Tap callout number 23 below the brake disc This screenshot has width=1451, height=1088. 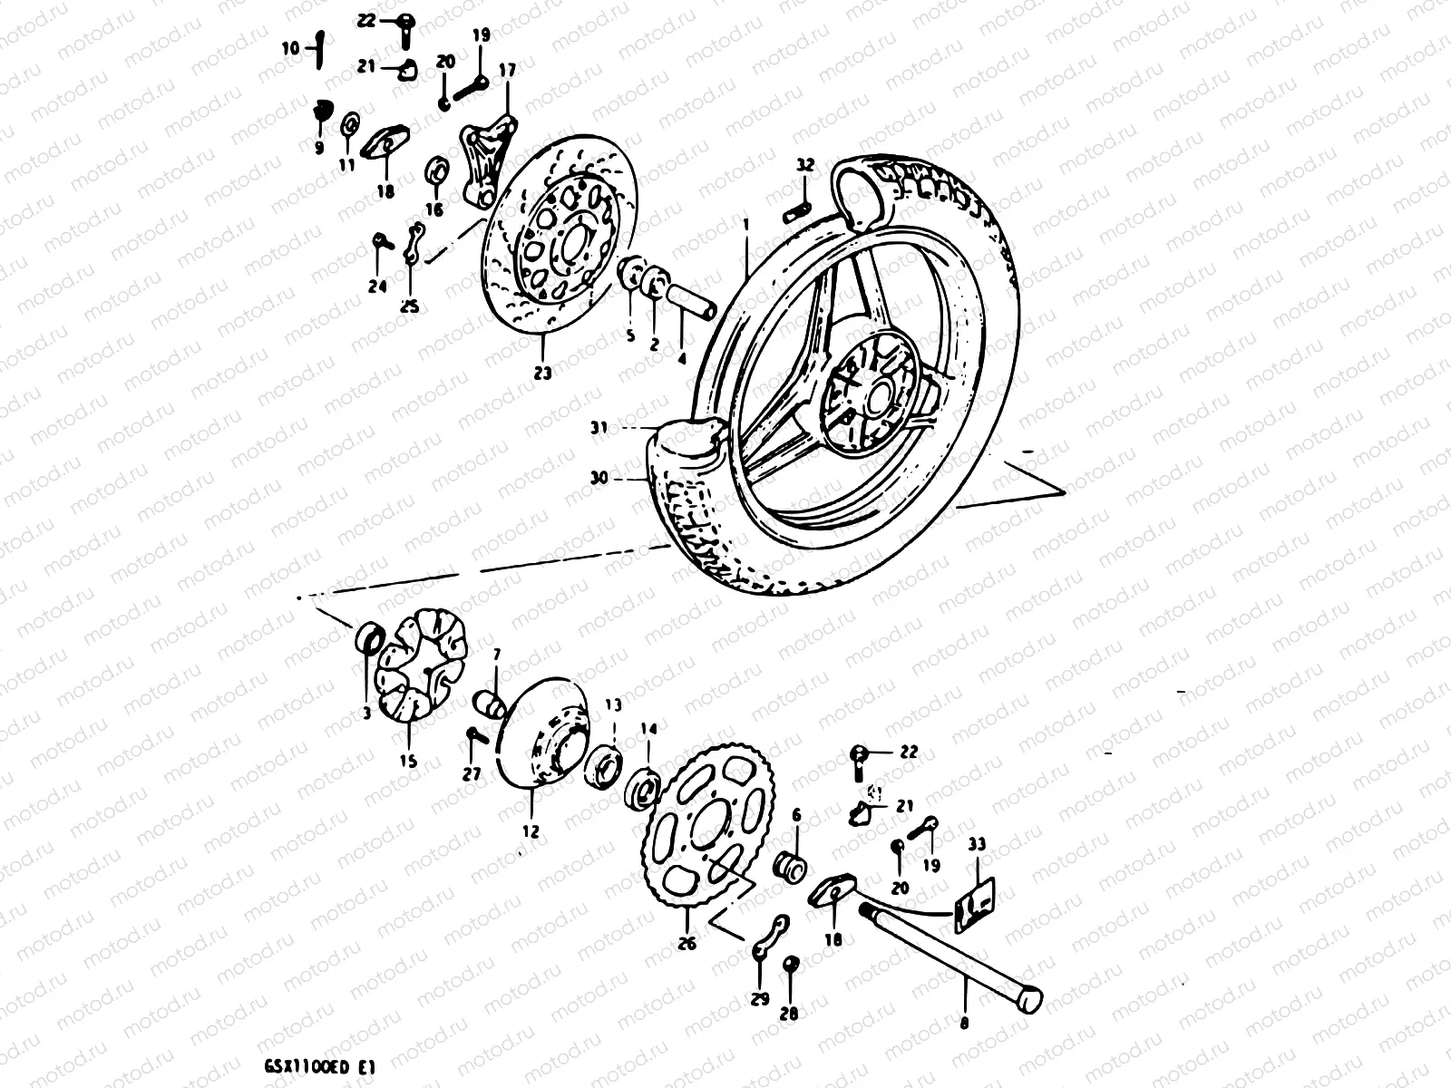(542, 373)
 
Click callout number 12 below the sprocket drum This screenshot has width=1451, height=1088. (531, 830)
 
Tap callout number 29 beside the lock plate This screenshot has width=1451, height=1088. (759, 998)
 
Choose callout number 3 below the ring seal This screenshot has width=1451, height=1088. (366, 714)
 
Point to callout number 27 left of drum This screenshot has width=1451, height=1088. (472, 773)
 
